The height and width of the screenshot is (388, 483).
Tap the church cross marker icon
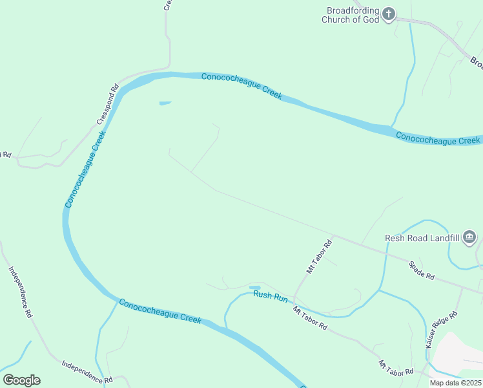pos(389,13)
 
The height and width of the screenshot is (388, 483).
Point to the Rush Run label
pos(270,296)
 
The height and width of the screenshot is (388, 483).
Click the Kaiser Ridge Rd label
pos(442,330)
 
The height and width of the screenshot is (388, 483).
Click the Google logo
pos(21,380)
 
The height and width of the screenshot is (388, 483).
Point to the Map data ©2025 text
pos(455,383)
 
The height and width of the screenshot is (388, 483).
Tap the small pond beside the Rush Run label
pos(254,287)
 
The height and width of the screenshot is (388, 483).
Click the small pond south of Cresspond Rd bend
pos(165,102)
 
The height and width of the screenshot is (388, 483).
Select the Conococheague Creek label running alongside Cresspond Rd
pos(85,169)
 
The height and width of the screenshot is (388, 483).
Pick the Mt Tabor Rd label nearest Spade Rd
pos(318,255)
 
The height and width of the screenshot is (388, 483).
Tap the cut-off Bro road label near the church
pos(477,63)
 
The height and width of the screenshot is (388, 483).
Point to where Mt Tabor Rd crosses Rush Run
pos(294,298)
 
